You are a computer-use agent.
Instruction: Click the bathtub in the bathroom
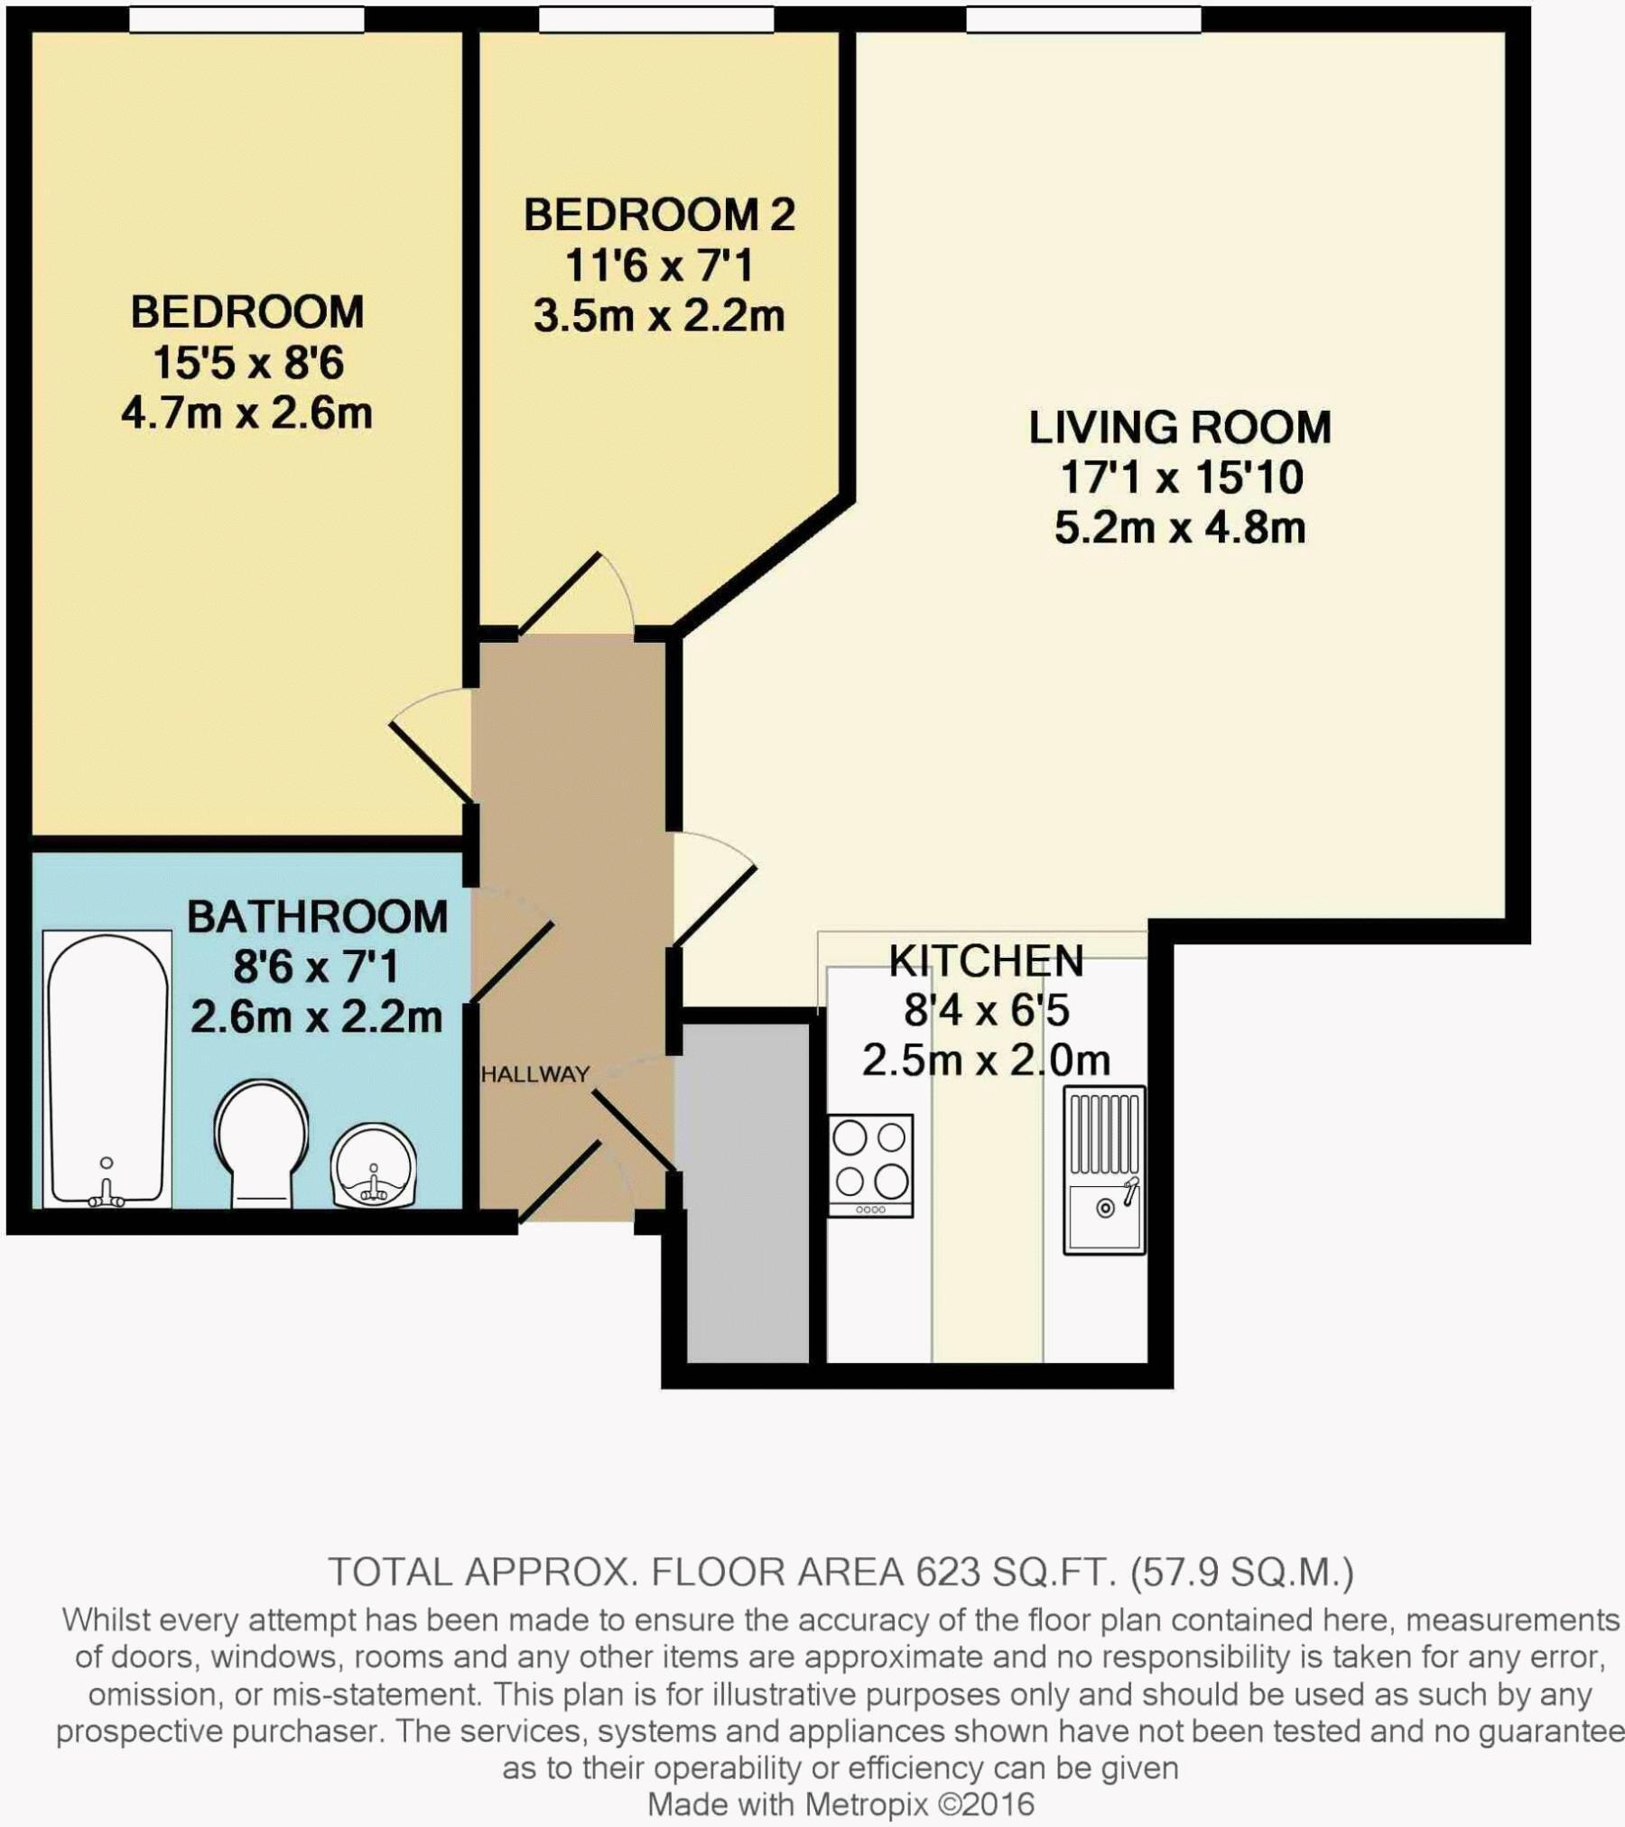coord(107,1070)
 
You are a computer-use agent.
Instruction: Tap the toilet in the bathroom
coord(262,1145)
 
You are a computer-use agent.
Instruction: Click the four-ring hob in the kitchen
coord(870,1165)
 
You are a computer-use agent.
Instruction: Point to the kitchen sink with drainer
coord(1104,1170)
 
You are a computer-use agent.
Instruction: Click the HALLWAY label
coord(535,1074)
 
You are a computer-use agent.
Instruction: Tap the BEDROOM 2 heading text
coord(659,215)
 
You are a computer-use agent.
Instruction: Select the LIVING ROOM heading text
coord(1180,427)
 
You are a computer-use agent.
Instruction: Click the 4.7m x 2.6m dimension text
coord(246,413)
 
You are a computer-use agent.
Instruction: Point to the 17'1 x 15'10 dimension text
coord(1181,478)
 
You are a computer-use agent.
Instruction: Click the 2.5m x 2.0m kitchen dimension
coord(986,1060)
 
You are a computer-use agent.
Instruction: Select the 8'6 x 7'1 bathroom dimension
coord(316,967)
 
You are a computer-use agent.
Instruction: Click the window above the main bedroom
coord(246,19)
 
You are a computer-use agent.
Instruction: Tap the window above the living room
coord(1083,19)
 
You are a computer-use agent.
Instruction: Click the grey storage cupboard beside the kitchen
coord(747,1192)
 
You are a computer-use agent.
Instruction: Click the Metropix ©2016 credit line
coord(840,1804)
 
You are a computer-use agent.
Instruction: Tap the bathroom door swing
coord(512,948)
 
